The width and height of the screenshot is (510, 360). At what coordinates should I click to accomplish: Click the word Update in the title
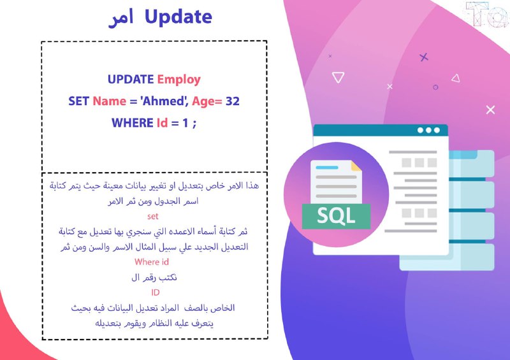click(178, 17)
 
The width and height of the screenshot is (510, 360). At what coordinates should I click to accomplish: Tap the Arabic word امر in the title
click(121, 18)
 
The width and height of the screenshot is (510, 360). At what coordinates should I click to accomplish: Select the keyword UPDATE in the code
click(131, 80)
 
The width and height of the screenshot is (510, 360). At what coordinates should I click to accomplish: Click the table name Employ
click(179, 80)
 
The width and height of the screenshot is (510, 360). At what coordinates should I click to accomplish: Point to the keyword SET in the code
click(78, 101)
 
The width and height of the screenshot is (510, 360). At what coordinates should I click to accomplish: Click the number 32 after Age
click(233, 101)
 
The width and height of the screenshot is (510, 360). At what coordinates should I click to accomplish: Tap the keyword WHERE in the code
click(133, 123)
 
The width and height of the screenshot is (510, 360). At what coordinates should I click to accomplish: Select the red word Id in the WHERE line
click(162, 123)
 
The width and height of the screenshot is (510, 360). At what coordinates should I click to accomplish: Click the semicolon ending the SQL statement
click(194, 124)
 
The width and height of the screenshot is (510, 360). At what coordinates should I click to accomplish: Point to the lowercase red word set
click(152, 216)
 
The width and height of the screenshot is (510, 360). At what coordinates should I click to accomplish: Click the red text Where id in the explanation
click(152, 262)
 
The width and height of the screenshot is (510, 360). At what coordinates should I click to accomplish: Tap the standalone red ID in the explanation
click(156, 292)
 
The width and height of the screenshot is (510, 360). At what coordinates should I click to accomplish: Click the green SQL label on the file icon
click(336, 216)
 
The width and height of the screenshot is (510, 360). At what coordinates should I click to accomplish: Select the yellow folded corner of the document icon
click(356, 166)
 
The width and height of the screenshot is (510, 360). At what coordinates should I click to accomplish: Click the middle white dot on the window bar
click(428, 130)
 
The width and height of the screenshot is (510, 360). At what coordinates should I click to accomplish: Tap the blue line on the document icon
click(327, 168)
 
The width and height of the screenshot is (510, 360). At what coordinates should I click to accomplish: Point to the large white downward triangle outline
click(339, 77)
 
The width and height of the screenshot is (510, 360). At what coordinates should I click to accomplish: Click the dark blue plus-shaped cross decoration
click(423, 57)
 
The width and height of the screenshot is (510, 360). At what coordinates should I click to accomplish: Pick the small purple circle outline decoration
click(435, 87)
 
